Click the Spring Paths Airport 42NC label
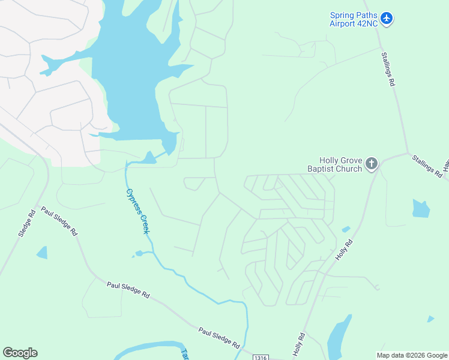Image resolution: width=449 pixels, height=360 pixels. (x=353, y=19)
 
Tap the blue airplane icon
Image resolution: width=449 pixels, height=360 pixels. (x=387, y=19)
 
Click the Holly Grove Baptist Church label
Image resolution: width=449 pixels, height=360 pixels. (x=340, y=164)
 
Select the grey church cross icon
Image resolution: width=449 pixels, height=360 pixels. (x=372, y=163)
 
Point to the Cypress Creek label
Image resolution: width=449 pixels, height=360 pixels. (x=137, y=211)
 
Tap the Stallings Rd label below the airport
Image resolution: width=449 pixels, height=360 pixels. (x=388, y=69)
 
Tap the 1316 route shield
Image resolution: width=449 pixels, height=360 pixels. (x=259, y=356)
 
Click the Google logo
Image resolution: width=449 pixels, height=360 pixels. (x=20, y=353)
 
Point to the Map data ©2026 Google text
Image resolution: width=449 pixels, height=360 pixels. (x=412, y=355)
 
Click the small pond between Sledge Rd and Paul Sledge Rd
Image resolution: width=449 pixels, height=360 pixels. (x=42, y=253)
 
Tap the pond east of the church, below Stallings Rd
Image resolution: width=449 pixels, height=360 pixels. (x=421, y=208)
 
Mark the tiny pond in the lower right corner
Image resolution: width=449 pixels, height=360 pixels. (x=430, y=319)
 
